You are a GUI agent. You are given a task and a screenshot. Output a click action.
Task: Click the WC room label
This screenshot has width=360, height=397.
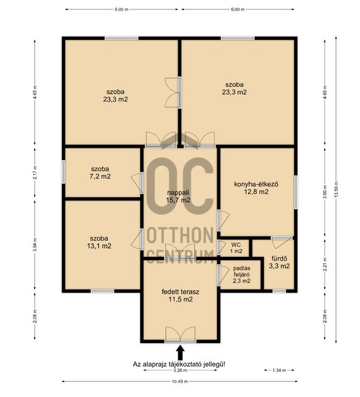click(236, 248)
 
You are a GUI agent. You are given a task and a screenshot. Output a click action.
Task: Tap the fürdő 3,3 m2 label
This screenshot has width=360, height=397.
click(279, 263)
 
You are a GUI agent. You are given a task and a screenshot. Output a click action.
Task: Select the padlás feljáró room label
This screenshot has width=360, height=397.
click(242, 275)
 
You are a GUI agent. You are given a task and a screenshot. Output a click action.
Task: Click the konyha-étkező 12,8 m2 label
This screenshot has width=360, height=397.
click(256, 188)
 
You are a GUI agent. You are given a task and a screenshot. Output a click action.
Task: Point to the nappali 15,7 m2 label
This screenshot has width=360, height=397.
click(178, 197)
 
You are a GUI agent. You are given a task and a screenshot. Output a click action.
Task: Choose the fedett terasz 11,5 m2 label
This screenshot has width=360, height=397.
click(180, 295)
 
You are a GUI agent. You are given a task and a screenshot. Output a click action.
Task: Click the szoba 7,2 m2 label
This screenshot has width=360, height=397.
click(101, 173)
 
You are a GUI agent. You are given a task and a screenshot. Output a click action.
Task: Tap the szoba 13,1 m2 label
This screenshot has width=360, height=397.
click(99, 242)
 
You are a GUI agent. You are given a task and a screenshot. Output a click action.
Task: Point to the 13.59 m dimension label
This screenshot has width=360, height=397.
click(336, 189)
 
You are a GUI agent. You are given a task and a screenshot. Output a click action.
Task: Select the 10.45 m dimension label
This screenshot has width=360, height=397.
click(180, 381)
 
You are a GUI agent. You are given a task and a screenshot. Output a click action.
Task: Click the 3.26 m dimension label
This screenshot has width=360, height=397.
click(180, 370)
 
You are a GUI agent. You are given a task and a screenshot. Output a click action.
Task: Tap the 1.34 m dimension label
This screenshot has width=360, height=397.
click(279, 370)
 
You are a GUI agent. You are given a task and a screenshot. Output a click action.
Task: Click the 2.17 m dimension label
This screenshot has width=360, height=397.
click(35, 172)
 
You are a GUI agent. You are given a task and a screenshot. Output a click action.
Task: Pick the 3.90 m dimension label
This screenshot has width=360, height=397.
click(325, 192)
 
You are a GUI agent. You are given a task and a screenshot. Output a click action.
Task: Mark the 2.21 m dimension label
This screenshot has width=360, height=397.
click(325, 264)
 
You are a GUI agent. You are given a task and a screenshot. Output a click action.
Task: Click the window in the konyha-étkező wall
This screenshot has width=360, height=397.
click(296, 192)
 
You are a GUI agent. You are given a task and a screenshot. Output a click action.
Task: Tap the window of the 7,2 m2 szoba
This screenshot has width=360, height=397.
click(63, 171)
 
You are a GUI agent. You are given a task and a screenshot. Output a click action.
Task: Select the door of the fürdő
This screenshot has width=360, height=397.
click(281, 242)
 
